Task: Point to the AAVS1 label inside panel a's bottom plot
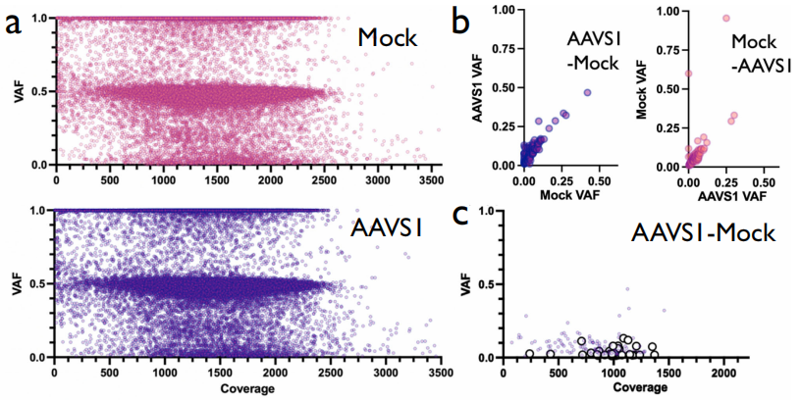(x=388, y=232)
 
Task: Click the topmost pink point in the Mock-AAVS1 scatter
(x=726, y=18)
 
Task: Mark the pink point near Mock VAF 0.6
(x=688, y=74)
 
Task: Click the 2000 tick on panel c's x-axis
(x=725, y=374)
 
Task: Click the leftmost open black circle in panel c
(x=530, y=354)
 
